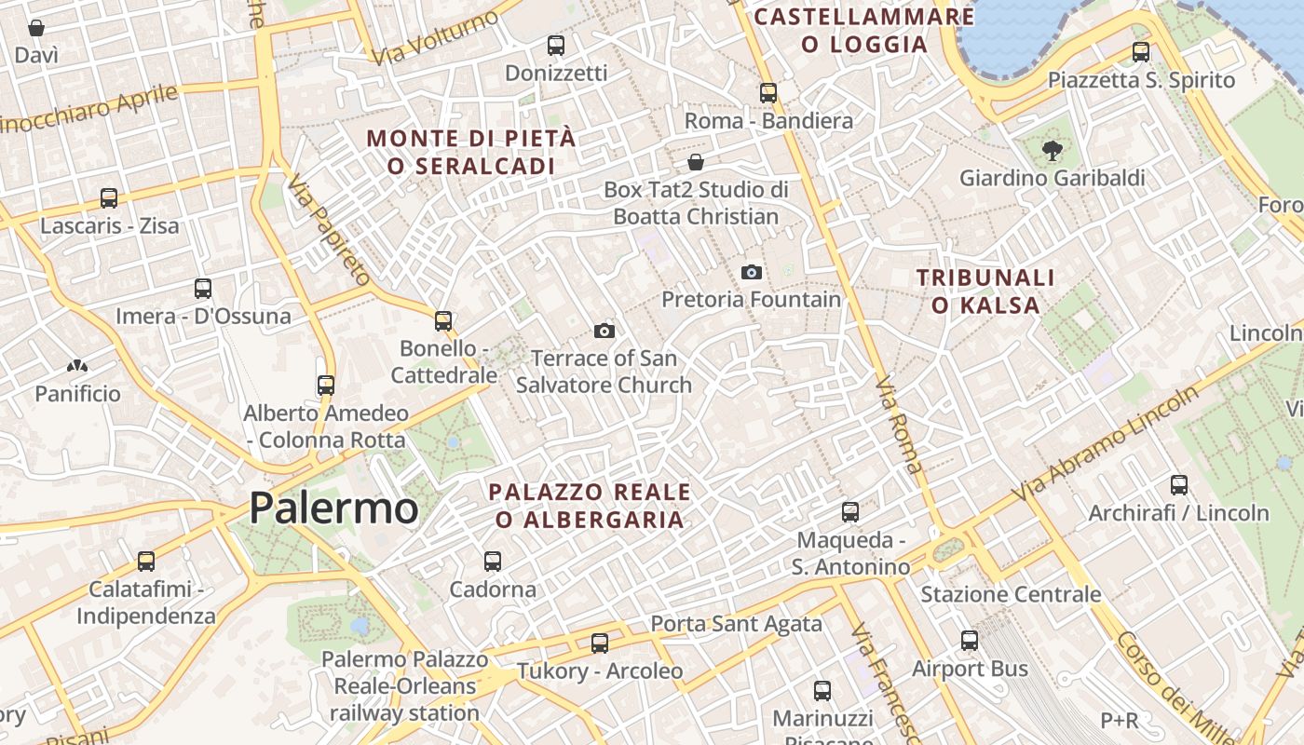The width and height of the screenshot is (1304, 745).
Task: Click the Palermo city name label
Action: click(x=333, y=508)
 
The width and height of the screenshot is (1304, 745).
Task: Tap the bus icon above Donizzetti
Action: click(x=556, y=45)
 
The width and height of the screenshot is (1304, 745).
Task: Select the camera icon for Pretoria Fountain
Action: click(x=751, y=272)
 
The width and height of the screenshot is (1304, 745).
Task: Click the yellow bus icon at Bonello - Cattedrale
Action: click(x=443, y=321)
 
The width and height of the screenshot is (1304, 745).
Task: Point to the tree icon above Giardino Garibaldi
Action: click(x=1053, y=150)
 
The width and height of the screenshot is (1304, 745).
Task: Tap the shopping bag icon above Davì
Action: click(x=36, y=28)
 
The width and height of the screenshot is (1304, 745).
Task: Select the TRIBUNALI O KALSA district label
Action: click(x=985, y=291)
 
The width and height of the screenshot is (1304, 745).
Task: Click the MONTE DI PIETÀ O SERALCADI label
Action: click(x=471, y=152)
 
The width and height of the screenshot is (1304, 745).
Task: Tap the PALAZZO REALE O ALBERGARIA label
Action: click(x=590, y=506)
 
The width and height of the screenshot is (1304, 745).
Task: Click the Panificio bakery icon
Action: click(x=77, y=367)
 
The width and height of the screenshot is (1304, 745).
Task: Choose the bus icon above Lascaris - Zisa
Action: click(x=109, y=198)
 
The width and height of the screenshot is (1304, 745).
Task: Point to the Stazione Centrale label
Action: click(x=1011, y=594)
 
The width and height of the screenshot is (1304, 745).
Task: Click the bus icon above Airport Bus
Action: click(x=970, y=641)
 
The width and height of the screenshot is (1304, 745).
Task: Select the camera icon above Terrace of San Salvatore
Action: click(x=604, y=331)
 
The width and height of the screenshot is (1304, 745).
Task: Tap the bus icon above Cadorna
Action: click(x=493, y=562)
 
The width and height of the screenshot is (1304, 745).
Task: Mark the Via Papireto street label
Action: click(x=329, y=230)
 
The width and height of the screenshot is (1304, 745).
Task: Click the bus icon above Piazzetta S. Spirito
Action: click(x=1141, y=52)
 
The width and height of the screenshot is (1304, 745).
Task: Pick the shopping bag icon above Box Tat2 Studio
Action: click(x=695, y=163)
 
